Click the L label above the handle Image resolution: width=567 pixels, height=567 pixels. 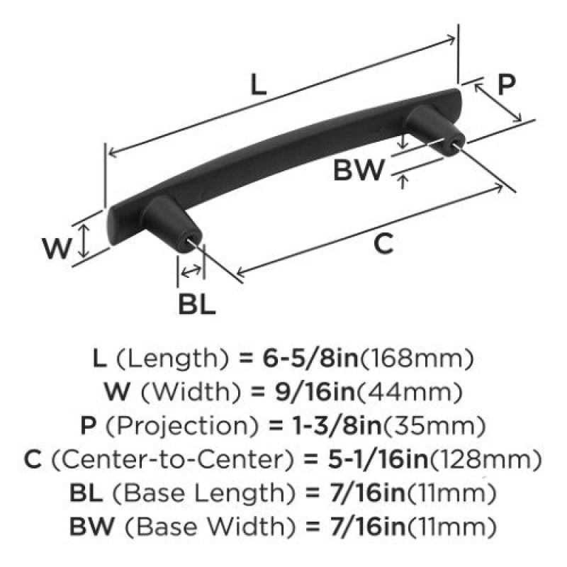click(259, 85)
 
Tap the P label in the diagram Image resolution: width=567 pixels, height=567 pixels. click(506, 84)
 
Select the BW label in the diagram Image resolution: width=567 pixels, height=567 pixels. click(359, 170)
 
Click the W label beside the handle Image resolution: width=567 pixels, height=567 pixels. click(57, 249)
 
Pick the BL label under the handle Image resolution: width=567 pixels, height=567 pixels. click(197, 304)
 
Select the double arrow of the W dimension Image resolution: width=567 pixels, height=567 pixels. click(84, 240)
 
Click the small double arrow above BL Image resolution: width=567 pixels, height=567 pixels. click(191, 271)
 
